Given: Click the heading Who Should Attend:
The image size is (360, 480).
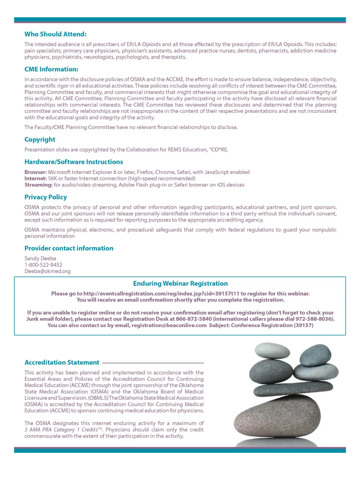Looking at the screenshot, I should tap(55, 34).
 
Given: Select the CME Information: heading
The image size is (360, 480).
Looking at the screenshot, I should tap(51, 69).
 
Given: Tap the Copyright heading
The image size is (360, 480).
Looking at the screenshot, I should tap(40, 139).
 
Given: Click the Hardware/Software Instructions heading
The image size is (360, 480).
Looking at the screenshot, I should tap(73, 162).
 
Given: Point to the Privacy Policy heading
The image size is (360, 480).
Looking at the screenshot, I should tap(45, 197).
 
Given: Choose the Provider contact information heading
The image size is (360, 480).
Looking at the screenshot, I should tap(69, 248).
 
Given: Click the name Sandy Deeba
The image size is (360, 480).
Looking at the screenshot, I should tap(40, 258).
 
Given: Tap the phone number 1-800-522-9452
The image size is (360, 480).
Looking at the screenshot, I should tap(43, 265).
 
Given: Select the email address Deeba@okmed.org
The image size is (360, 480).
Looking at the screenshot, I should tap(47, 271).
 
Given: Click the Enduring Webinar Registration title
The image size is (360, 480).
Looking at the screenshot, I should tap(180, 283).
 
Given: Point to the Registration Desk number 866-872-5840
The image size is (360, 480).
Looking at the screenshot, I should tap(193, 319).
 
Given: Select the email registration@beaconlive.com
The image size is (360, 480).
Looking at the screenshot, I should tap(169, 325).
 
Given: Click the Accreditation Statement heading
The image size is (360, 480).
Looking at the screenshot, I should tap(62, 363).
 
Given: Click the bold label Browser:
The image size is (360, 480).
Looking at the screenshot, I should tap(36, 172).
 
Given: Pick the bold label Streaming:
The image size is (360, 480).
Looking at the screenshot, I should tap(38, 185).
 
